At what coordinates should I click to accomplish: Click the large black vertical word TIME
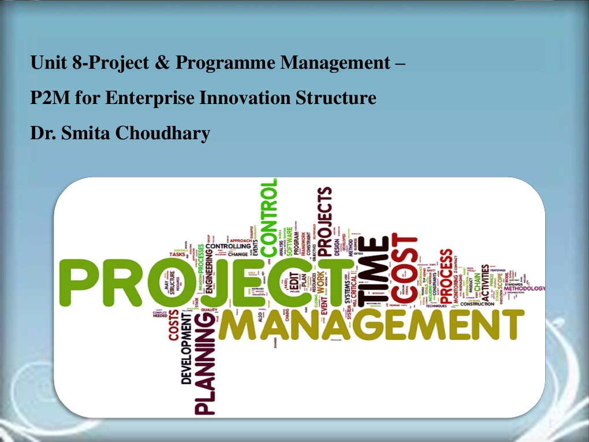[371, 269]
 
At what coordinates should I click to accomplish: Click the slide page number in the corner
[551, 425]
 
